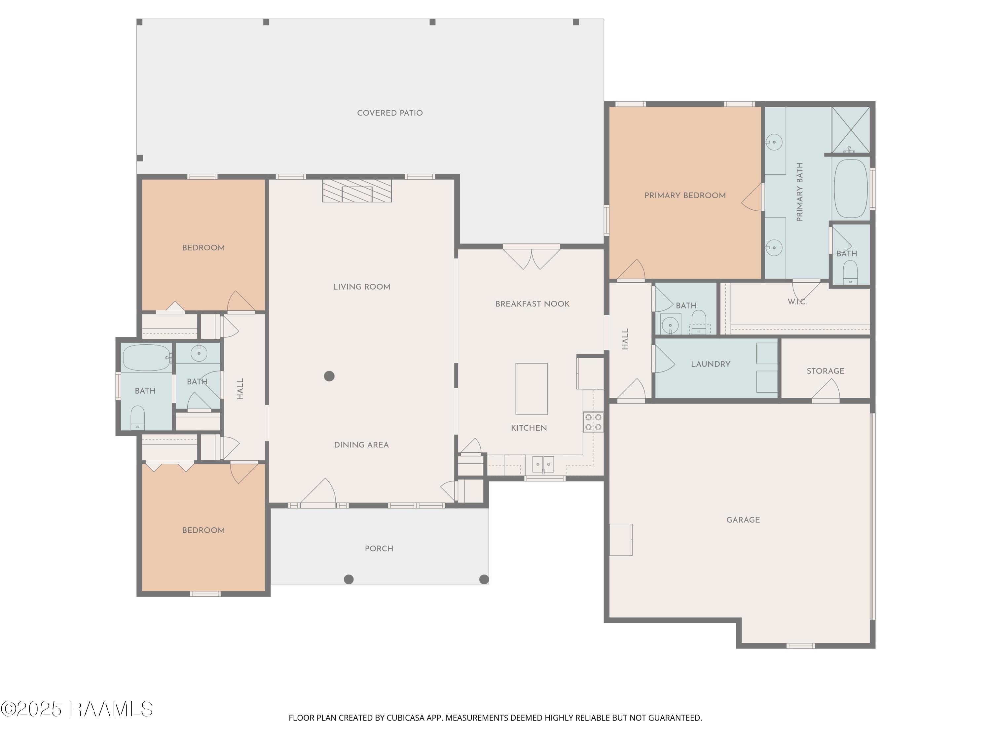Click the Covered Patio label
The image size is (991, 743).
click(x=390, y=113)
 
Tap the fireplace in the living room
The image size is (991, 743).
click(x=357, y=191)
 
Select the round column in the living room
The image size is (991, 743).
click(x=329, y=376)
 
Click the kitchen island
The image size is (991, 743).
click(x=531, y=389)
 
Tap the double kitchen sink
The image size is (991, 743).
click(x=543, y=464)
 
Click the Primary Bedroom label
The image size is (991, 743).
click(x=685, y=195)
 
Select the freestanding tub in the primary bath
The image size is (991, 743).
click(x=850, y=189)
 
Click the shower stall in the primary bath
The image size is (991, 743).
click(x=851, y=129)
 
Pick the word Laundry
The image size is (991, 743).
click(x=711, y=364)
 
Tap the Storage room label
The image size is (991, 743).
click(x=825, y=371)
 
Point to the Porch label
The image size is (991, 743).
click(x=379, y=548)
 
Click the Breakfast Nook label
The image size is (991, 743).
click(x=532, y=304)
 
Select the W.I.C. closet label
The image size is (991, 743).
click(x=797, y=302)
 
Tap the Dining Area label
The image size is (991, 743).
click(x=361, y=445)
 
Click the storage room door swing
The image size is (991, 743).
click(x=826, y=389)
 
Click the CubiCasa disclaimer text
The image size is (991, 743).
click(x=495, y=718)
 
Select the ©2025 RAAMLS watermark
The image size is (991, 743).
click(x=77, y=709)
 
